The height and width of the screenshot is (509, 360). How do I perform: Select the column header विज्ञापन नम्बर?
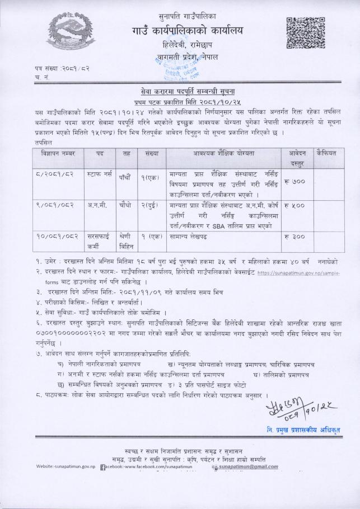tap(58, 153)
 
